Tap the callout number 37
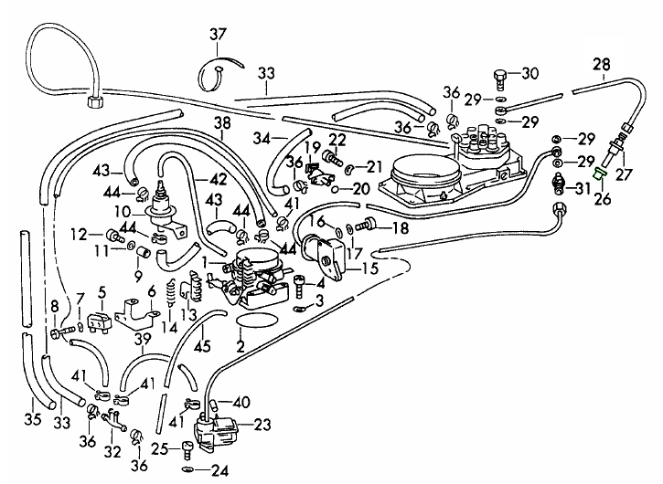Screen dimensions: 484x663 point(217,35)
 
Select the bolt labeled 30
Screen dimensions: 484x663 point(499,74)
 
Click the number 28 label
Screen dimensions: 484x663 point(601,64)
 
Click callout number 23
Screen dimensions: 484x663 point(263,424)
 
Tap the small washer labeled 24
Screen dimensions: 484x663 point(187,470)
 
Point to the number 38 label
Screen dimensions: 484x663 point(223,122)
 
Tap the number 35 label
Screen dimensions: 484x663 point(32,419)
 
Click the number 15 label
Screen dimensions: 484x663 point(370,269)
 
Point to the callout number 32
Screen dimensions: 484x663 point(112,451)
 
